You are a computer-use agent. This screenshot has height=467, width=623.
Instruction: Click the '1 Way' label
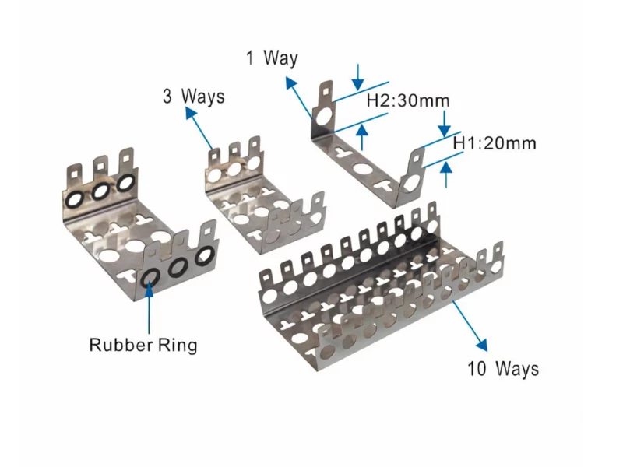coord(272,58)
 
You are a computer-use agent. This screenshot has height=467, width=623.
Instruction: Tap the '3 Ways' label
coord(192,97)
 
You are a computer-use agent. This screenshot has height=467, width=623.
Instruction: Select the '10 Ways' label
coord(502,368)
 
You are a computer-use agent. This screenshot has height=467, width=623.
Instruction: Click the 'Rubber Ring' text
coord(143,344)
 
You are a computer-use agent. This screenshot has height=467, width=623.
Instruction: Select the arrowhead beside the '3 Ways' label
coord(190,114)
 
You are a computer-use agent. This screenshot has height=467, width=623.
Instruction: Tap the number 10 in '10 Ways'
coord(477,368)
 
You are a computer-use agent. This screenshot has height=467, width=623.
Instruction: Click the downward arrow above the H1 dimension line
coord(444,123)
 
